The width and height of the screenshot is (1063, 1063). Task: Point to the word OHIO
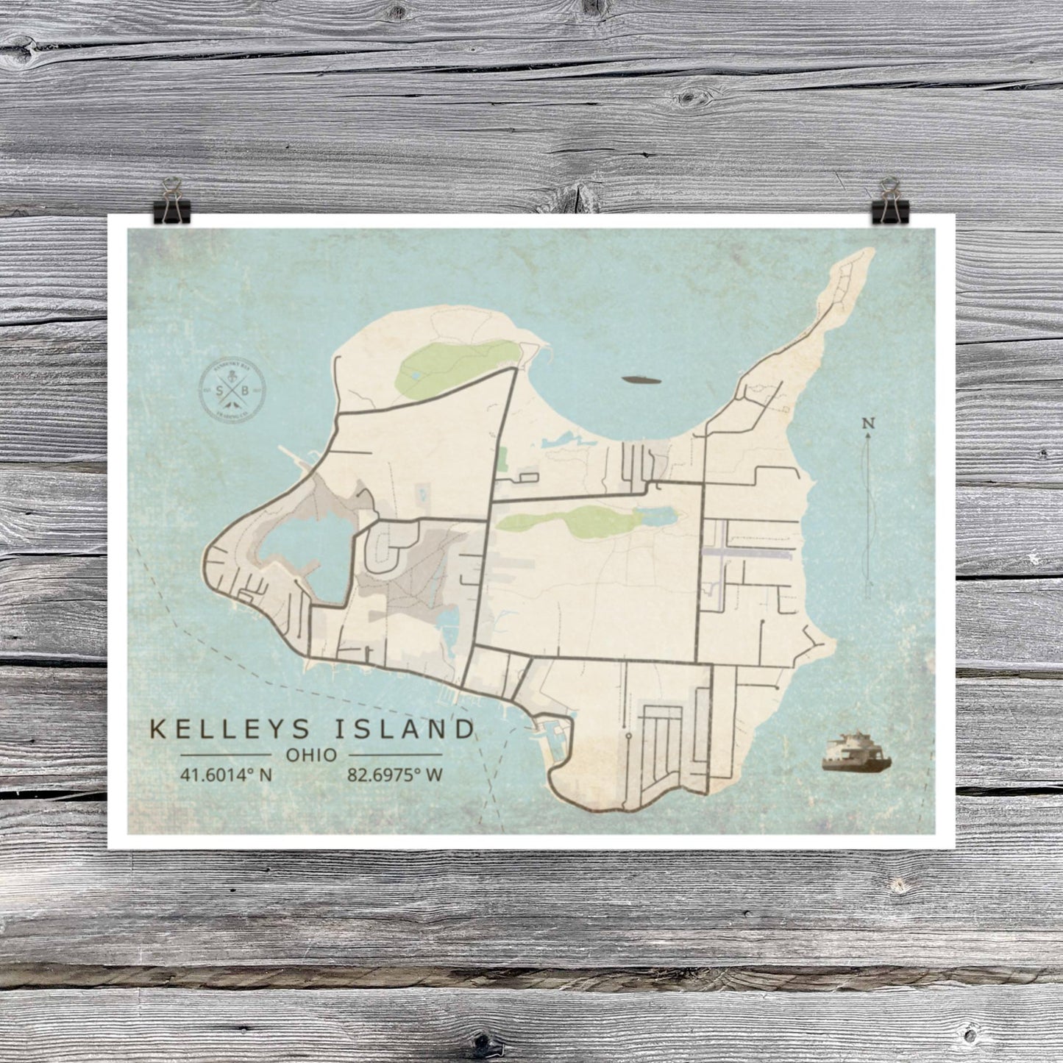coord(311,755)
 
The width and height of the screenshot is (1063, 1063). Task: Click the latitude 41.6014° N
coord(226,775)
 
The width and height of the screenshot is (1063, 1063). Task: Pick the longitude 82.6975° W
coord(394,775)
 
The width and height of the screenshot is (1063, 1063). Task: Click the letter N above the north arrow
coord(869,423)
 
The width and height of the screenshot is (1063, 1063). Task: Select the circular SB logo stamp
coord(232,390)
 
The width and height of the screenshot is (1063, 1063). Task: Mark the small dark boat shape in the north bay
coord(641,380)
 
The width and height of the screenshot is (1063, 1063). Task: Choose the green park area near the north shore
coord(456,364)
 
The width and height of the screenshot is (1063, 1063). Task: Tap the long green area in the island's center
coord(566,522)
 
